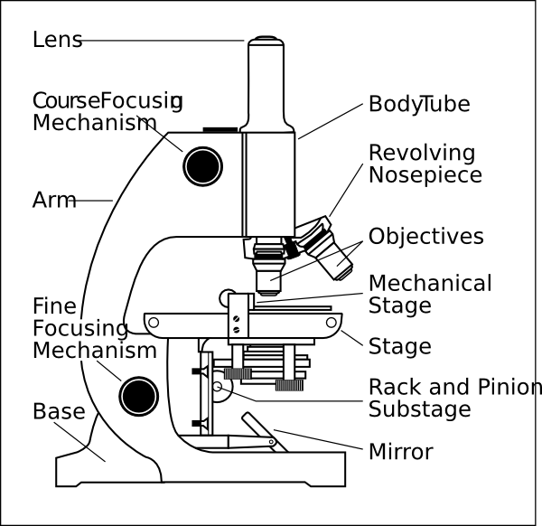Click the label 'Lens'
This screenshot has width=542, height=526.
point(57,41)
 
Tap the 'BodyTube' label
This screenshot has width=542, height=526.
point(418,104)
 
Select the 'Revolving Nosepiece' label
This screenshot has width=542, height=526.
point(425,164)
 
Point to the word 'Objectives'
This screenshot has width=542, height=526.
point(425,237)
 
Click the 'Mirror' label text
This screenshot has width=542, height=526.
point(400,451)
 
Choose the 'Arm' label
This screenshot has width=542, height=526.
point(54,200)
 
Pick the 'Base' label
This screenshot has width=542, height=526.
point(59,412)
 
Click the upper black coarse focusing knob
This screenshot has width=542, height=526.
point(203,164)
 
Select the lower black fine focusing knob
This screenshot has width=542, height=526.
point(139,395)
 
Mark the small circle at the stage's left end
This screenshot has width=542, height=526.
point(153,323)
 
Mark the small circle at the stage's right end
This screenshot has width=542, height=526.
point(332,322)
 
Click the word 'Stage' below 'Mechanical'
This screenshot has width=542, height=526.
point(399,305)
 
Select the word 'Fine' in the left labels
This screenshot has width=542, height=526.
point(53,306)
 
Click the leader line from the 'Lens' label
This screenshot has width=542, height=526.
point(163,41)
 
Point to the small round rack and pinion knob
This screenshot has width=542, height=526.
point(218,387)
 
